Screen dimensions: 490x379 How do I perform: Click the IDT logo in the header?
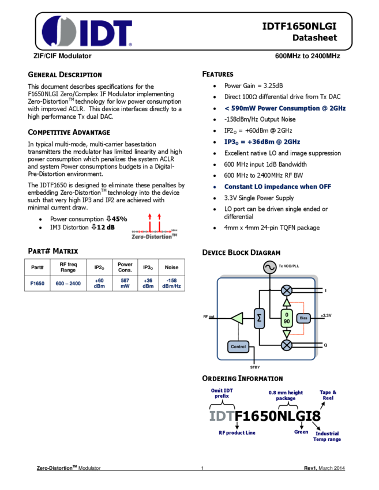(x=87, y=31)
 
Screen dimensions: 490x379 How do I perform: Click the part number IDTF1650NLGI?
(x=299, y=26)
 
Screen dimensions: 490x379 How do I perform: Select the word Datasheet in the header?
(x=314, y=38)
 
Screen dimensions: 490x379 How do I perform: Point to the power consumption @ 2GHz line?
(x=285, y=108)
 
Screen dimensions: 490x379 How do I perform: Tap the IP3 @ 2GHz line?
(x=262, y=142)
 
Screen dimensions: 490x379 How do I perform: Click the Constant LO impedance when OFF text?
(x=278, y=187)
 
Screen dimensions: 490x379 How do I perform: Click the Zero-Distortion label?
(x=152, y=236)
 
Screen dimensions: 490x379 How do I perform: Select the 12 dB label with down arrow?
(x=104, y=227)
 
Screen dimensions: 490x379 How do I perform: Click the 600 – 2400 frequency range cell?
(x=69, y=284)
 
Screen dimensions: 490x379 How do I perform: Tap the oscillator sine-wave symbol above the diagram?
(x=269, y=267)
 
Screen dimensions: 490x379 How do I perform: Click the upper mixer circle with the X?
(x=287, y=290)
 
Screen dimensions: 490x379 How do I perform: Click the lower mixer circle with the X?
(x=287, y=345)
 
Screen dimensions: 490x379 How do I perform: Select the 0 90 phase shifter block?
(x=287, y=318)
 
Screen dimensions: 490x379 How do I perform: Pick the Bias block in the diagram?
(x=304, y=318)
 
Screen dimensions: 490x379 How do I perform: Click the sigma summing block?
(x=259, y=318)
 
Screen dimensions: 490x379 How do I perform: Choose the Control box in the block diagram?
(x=238, y=347)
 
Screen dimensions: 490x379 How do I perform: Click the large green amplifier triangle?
(x=237, y=318)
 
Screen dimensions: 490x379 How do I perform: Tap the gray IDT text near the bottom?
(x=222, y=416)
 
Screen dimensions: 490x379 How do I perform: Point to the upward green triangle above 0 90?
(x=287, y=302)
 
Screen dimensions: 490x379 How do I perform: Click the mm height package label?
(x=286, y=395)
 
